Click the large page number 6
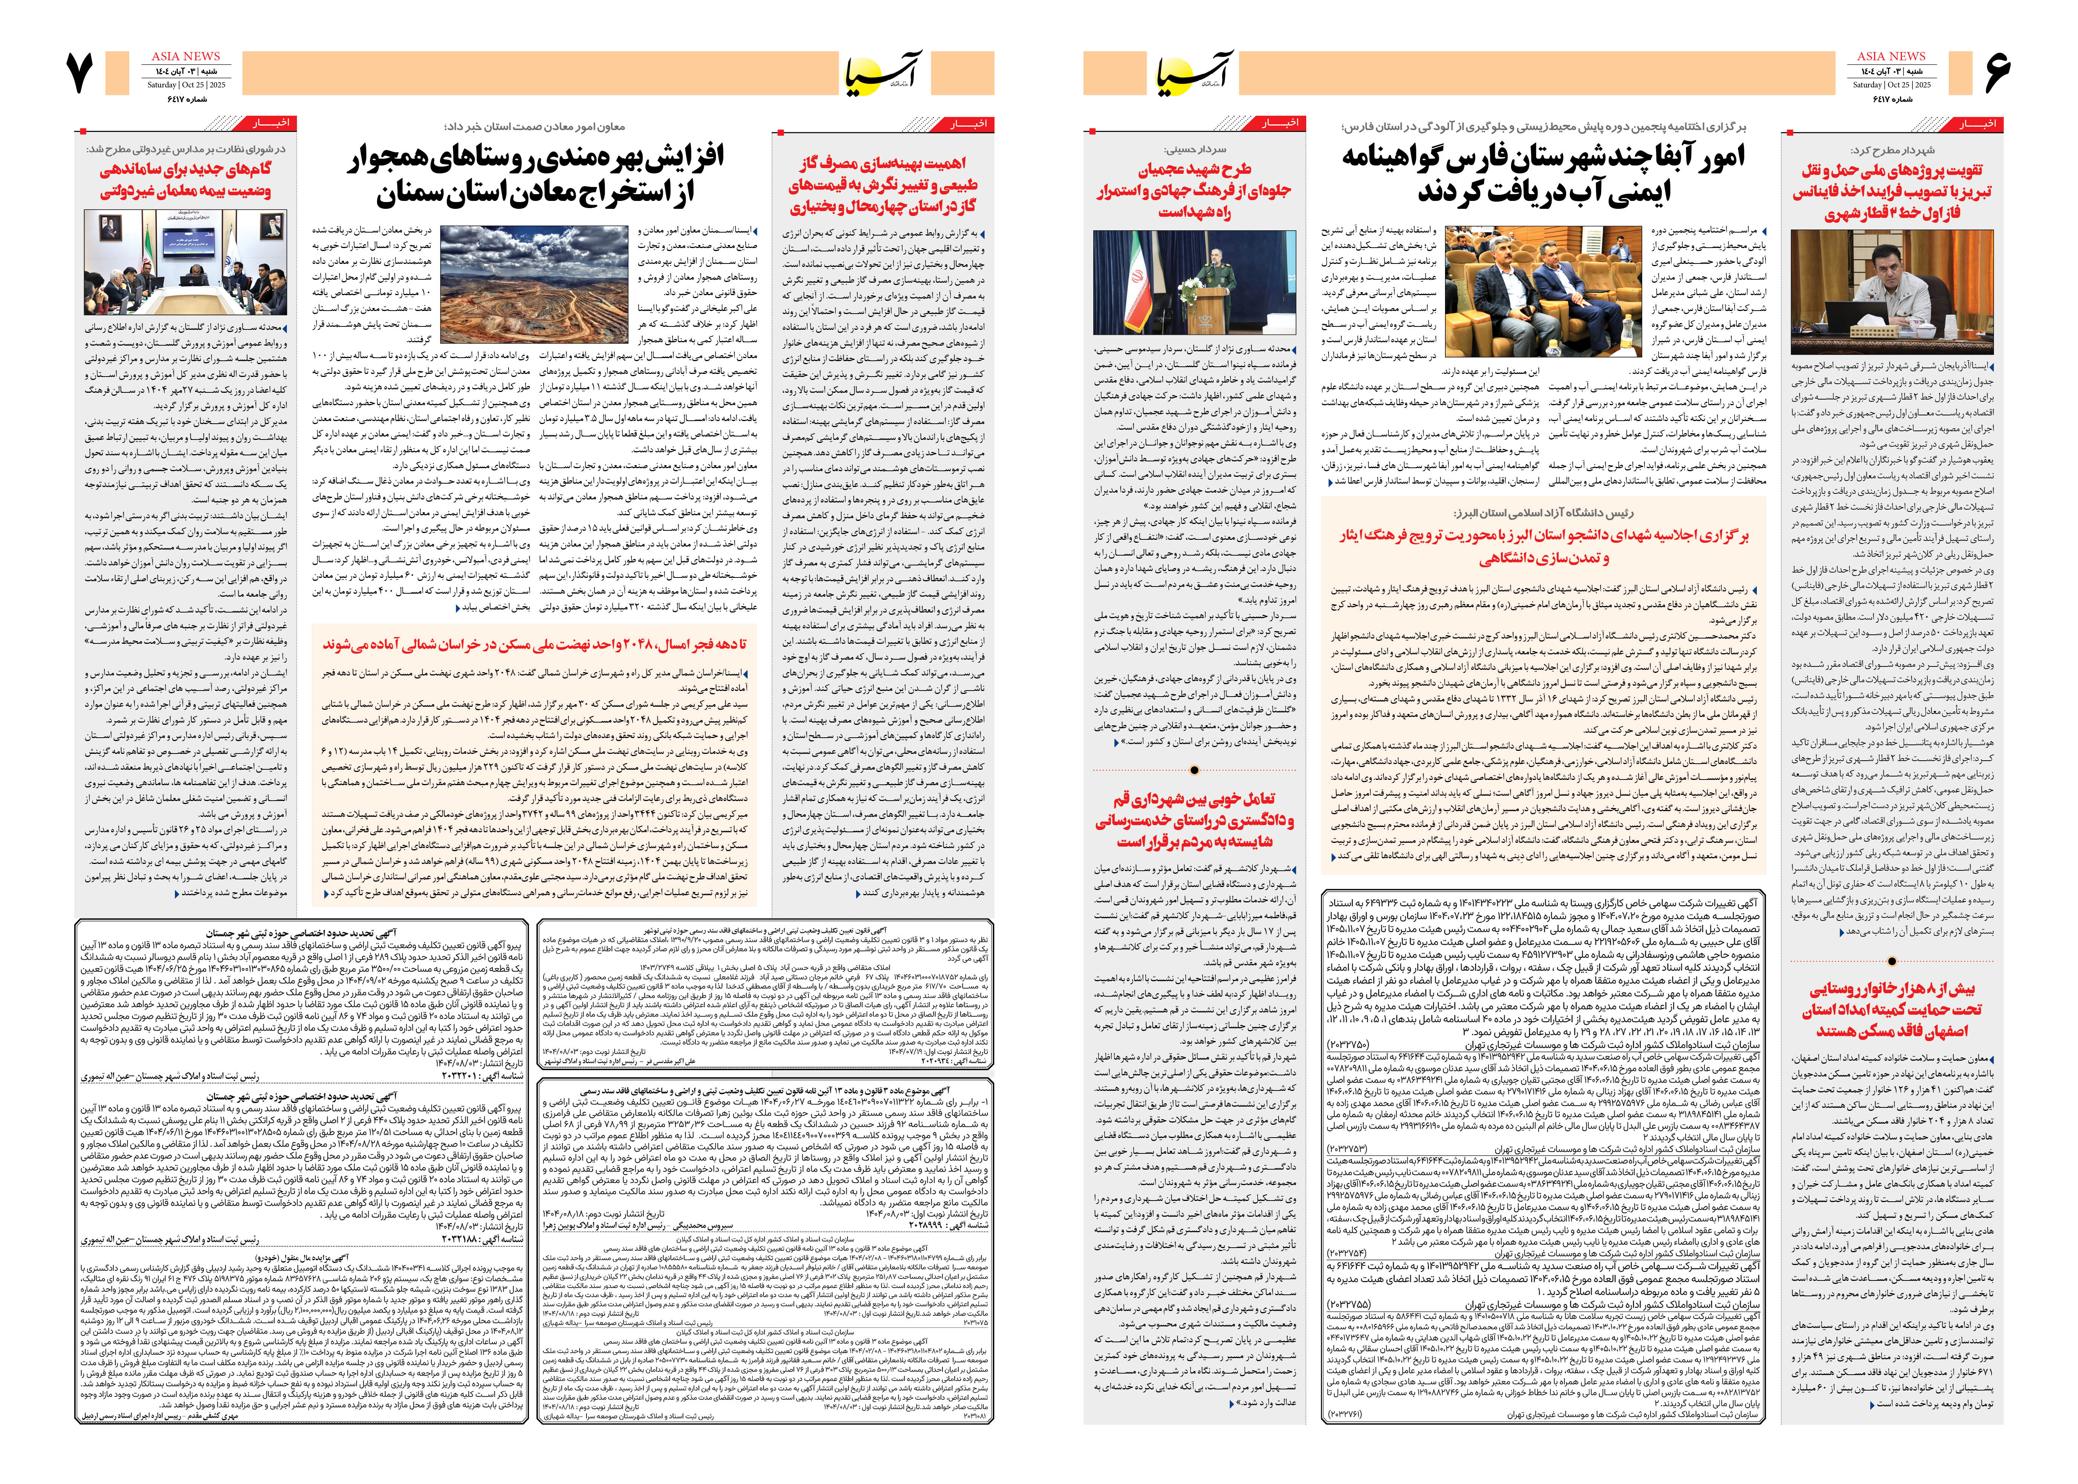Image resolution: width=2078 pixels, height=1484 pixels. pos(1997,73)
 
